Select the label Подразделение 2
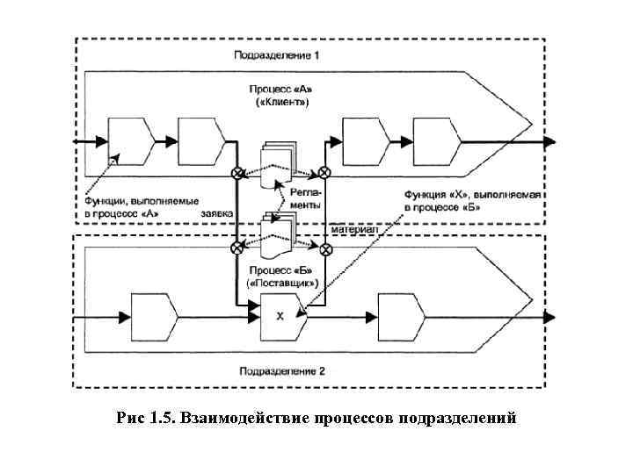[281, 371]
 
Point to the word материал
[355, 228]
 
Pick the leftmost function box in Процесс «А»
[130, 140]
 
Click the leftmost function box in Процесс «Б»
[155, 316]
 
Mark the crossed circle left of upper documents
[236, 173]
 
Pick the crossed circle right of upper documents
[324, 173]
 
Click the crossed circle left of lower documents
[236, 249]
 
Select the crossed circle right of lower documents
[325, 249]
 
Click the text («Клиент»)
[281, 102]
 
